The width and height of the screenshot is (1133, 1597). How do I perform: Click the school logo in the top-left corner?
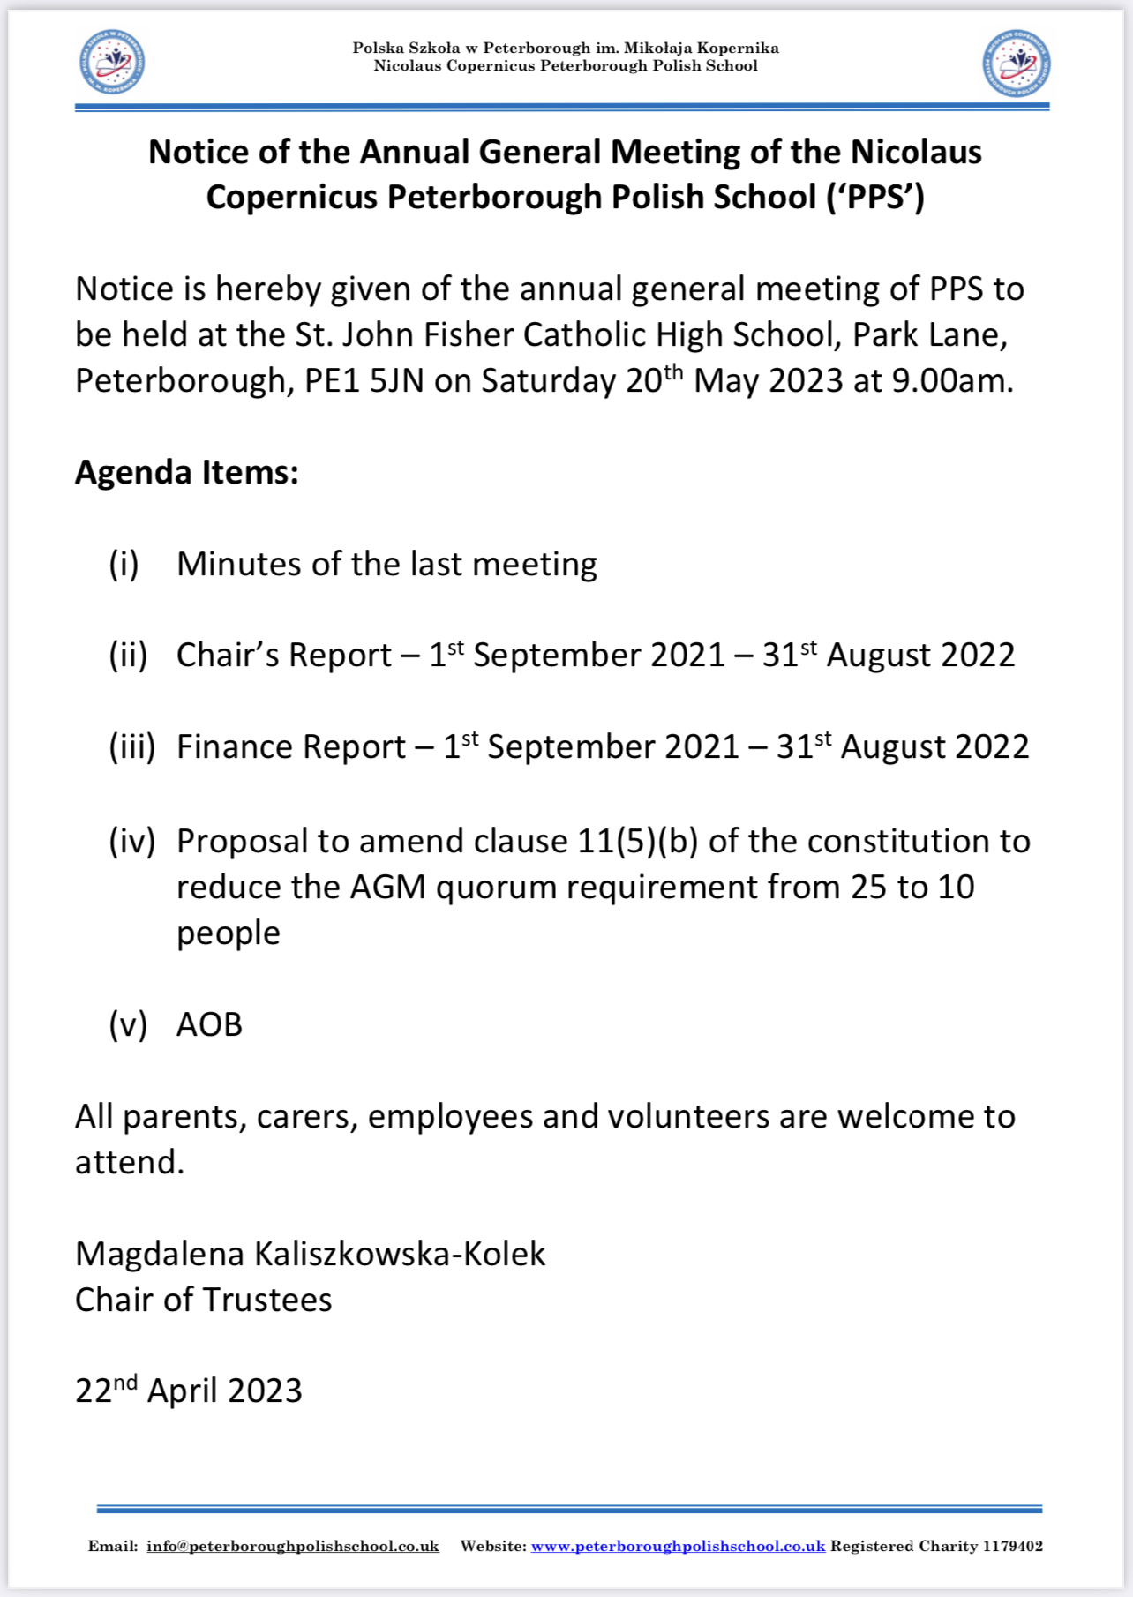coord(112,63)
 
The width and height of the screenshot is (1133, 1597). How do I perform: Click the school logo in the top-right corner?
coord(1017,63)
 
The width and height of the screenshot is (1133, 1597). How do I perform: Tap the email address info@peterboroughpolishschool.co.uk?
coord(292,1546)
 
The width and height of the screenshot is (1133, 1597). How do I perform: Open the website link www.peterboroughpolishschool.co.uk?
coord(678,1546)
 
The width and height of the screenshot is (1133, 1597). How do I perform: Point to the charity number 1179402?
coord(1012,1546)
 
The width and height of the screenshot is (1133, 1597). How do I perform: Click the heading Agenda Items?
coord(186,473)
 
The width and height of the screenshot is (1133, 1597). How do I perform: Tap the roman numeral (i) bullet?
coord(124,565)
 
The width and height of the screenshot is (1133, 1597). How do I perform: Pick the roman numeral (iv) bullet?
coord(131,842)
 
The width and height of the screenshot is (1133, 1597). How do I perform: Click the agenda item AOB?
coord(209,1024)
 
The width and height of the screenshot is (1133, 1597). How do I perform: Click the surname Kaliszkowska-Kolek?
coord(400,1254)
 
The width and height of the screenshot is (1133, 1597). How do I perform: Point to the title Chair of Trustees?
coord(203,1300)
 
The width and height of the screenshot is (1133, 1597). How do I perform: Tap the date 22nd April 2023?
coord(188,1391)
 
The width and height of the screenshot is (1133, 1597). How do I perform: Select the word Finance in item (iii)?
coord(232,747)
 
